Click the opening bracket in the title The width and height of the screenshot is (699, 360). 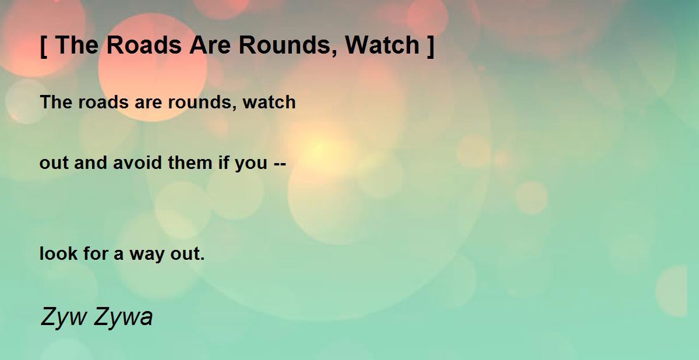(44, 46)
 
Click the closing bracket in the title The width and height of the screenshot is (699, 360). (430, 46)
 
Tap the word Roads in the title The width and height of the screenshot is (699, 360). (144, 45)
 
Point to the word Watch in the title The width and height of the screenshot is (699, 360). (382, 45)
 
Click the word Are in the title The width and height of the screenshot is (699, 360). (210, 45)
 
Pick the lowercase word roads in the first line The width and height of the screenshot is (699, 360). (103, 102)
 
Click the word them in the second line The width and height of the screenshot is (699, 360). (190, 163)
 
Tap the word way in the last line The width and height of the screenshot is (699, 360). (147, 255)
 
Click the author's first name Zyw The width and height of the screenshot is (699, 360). (63, 317)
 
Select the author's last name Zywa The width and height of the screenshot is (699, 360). (123, 317)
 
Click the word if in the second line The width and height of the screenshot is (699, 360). (224, 163)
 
